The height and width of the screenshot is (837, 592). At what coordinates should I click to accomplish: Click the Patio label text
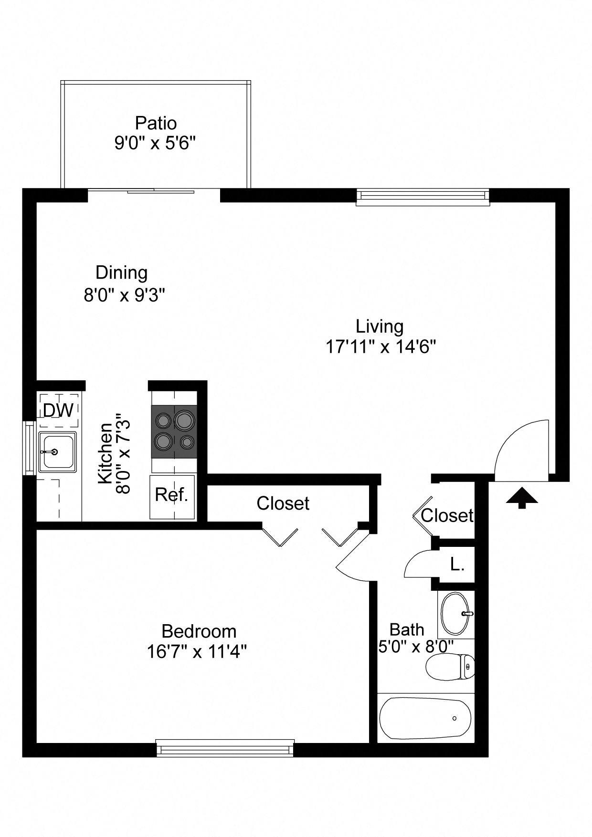(x=156, y=123)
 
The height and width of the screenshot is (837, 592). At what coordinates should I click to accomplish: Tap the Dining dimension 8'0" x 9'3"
(x=124, y=295)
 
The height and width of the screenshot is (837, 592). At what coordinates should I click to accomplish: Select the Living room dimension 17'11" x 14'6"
(x=381, y=346)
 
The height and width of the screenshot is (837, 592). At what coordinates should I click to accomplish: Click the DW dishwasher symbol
(x=58, y=410)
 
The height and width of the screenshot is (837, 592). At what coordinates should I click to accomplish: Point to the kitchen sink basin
(x=57, y=451)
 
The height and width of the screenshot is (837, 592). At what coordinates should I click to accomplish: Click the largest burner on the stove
(x=184, y=420)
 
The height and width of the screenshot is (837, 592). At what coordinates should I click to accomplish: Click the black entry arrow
(x=522, y=498)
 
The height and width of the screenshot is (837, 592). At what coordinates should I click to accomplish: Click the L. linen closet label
(x=457, y=565)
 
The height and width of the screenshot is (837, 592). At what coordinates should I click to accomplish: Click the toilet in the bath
(x=449, y=667)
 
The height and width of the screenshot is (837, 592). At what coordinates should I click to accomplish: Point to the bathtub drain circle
(x=454, y=718)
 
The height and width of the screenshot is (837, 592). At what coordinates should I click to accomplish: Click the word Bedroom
(x=199, y=631)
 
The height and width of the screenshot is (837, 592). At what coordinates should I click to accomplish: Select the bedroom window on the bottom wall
(x=225, y=749)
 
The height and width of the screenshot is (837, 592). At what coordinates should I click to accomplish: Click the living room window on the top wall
(x=423, y=197)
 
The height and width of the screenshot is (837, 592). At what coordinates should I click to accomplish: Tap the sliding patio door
(x=154, y=192)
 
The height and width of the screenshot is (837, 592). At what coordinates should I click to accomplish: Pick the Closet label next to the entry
(x=446, y=515)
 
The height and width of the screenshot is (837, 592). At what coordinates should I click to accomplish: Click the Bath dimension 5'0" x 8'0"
(x=415, y=647)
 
